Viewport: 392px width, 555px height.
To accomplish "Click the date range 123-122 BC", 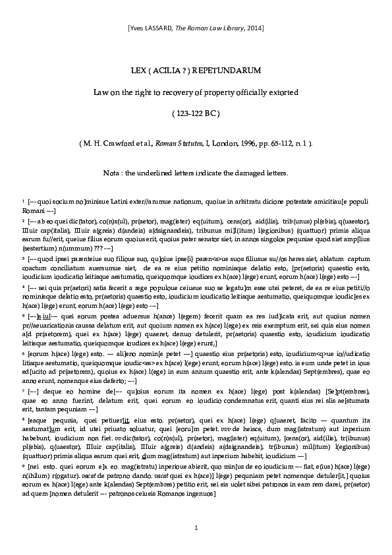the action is (196, 113).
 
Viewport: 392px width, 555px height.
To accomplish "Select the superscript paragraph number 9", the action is (22, 464).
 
